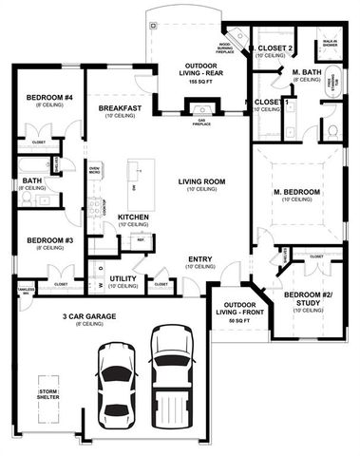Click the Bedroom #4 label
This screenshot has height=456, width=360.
click(x=43, y=98)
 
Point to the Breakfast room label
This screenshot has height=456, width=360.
click(x=120, y=109)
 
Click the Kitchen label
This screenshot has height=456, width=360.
click(x=132, y=217)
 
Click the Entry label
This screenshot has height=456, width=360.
click(x=200, y=258)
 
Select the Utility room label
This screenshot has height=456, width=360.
click(x=123, y=278)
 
